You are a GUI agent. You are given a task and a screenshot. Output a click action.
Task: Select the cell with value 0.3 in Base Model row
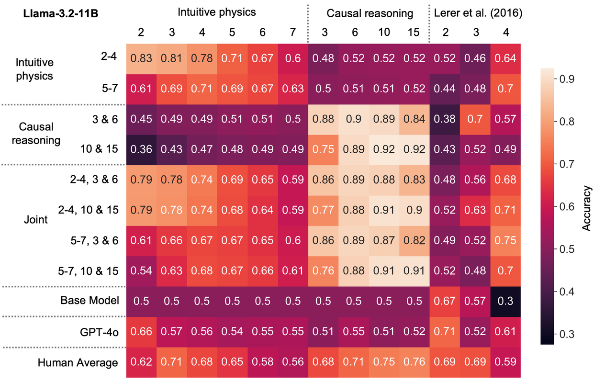coord(506,301)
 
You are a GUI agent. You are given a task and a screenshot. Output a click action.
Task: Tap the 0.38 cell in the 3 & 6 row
coord(445,119)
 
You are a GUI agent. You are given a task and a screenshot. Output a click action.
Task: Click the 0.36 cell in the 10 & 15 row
coord(141,149)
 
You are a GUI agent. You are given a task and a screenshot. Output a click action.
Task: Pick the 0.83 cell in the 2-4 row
coord(141,58)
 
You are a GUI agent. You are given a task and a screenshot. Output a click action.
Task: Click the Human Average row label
coord(78,362)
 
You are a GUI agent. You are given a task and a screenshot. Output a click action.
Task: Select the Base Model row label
coord(89,301)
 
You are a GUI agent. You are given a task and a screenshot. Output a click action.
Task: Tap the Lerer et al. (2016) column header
coord(478,13)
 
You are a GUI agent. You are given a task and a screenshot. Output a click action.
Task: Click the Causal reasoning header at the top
coord(370,13)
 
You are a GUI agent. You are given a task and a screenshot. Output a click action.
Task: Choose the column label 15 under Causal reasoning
coord(415,33)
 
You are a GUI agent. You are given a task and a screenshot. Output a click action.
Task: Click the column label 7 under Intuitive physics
coord(293,33)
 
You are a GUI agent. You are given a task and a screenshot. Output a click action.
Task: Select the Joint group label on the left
coord(36,220)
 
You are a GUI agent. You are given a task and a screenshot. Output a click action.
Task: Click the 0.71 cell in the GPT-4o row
coord(445,332)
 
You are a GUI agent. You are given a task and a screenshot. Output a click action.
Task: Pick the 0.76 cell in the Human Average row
coord(415,362)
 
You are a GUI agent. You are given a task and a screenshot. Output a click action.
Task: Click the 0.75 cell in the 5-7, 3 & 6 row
coord(506,240)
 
